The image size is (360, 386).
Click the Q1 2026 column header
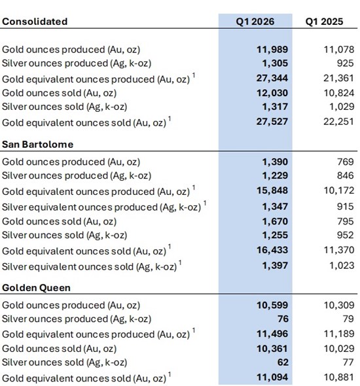click(x=255, y=22)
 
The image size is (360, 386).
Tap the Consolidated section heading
click(x=35, y=22)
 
